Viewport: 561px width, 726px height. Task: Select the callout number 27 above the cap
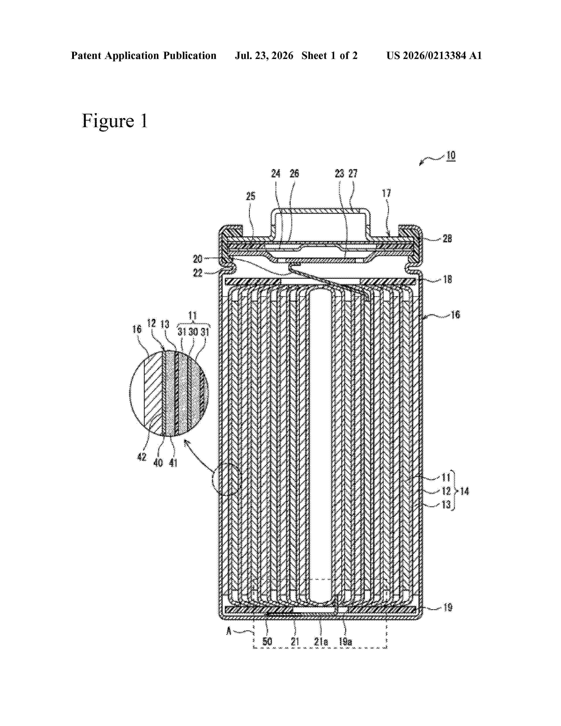point(353,174)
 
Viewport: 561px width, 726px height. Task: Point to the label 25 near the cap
point(251,196)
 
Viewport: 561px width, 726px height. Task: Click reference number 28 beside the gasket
point(447,238)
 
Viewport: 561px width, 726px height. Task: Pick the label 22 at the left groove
point(198,273)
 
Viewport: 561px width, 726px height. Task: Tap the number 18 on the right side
point(448,280)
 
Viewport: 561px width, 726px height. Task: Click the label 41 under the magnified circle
point(173,462)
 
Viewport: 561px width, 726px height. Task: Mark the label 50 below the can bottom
point(267,642)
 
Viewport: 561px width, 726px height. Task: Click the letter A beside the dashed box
point(229,631)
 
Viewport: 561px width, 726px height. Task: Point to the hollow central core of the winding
point(321,446)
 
